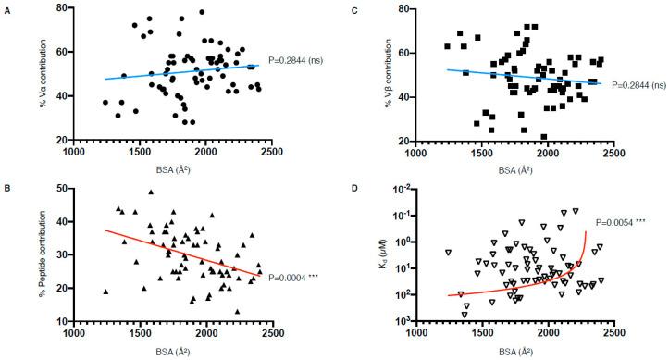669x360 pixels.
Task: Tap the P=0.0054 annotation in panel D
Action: click(627, 222)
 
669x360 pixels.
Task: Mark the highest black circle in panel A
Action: click(202, 12)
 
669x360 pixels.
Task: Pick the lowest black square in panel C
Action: click(544, 136)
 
